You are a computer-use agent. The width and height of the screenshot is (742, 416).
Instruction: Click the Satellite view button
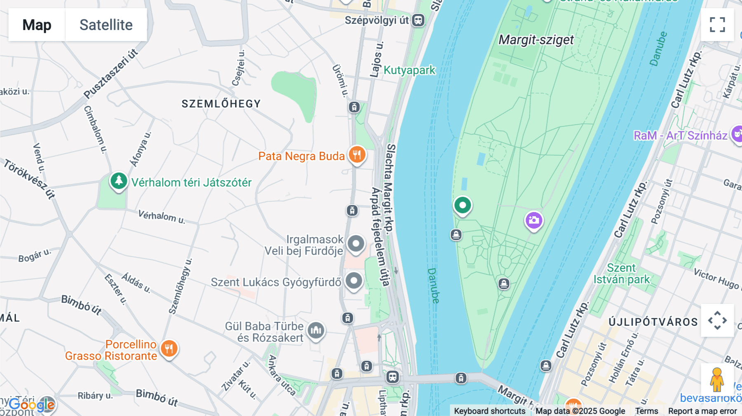pyautogui.click(x=106, y=25)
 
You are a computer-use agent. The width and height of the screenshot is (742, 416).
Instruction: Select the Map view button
pyautogui.click(x=37, y=25)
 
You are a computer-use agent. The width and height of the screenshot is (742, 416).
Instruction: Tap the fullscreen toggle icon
pyautogui.click(x=717, y=25)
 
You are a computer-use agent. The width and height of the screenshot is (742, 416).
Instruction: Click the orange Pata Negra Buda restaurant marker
pyautogui.click(x=357, y=155)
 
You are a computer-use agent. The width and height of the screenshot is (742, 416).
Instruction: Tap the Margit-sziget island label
pyautogui.click(x=536, y=40)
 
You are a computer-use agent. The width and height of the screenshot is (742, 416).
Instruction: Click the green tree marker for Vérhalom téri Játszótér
pyautogui.click(x=119, y=181)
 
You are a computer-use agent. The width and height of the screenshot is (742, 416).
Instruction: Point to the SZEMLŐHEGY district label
pyautogui.click(x=221, y=104)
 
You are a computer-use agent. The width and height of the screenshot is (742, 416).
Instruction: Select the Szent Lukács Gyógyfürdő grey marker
pyautogui.click(x=354, y=281)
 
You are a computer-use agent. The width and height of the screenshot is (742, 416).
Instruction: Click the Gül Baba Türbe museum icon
pyautogui.click(x=316, y=330)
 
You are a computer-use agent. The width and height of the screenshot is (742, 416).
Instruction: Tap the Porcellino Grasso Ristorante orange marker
pyautogui.click(x=169, y=349)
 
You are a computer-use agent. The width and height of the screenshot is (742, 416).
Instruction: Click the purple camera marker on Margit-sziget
pyautogui.click(x=534, y=220)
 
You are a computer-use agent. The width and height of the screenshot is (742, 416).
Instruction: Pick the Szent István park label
pyautogui.click(x=622, y=274)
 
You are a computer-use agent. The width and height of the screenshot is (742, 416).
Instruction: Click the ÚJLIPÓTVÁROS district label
pyautogui.click(x=653, y=322)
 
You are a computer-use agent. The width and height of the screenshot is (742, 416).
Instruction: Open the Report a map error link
pyautogui.click(x=702, y=411)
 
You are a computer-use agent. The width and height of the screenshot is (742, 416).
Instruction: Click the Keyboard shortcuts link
pyautogui.click(x=489, y=411)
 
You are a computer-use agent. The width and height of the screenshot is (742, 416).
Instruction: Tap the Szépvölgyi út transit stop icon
pyautogui.click(x=418, y=20)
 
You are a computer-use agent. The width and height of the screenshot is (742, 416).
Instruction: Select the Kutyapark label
pyautogui.click(x=409, y=70)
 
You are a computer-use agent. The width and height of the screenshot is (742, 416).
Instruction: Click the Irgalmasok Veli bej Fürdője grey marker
pyautogui.click(x=356, y=244)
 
